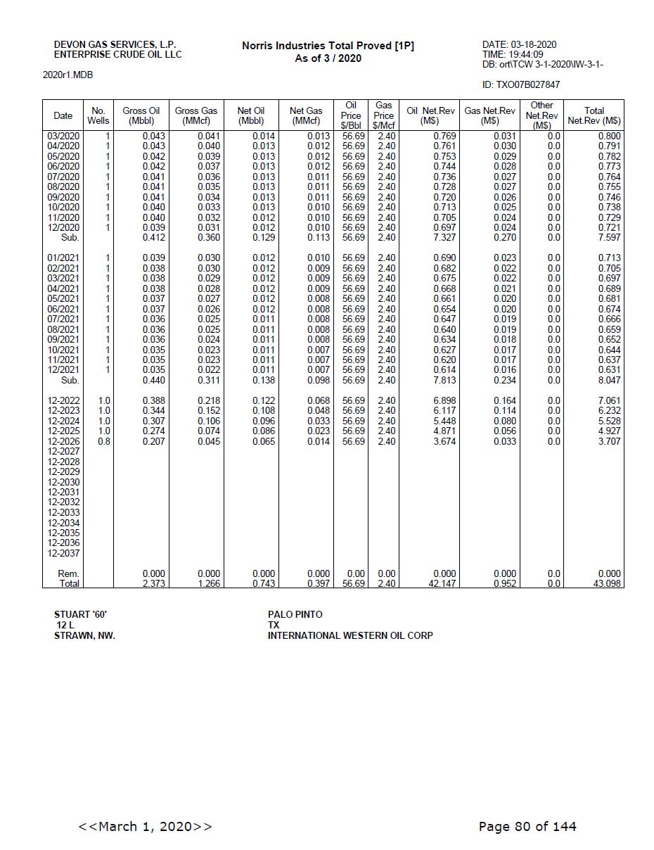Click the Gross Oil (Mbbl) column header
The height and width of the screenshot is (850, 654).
[141, 115]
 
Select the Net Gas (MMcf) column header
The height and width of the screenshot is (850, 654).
[306, 115]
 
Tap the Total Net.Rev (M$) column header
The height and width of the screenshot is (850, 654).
[594, 115]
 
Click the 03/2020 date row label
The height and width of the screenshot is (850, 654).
[63, 136]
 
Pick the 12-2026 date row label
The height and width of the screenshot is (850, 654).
[63, 441]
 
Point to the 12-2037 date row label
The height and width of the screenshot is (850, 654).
[63, 553]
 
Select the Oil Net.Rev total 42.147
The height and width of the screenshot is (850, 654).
[442, 584]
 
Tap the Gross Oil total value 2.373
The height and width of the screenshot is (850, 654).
[154, 584]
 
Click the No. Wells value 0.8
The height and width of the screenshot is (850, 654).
[103, 441]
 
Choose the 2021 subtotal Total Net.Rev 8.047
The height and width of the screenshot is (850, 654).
[609, 380]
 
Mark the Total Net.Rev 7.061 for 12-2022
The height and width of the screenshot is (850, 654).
[609, 400]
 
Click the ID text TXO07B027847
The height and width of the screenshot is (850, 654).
[521, 85]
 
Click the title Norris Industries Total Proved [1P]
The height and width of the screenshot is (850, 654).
[328, 46]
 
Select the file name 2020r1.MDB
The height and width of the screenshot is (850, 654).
[68, 75]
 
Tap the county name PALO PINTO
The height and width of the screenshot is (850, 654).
[295, 614]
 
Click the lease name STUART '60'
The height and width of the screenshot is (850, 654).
[80, 614]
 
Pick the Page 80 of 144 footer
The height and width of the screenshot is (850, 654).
[527, 826]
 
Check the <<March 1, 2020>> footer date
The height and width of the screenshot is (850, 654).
[145, 826]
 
